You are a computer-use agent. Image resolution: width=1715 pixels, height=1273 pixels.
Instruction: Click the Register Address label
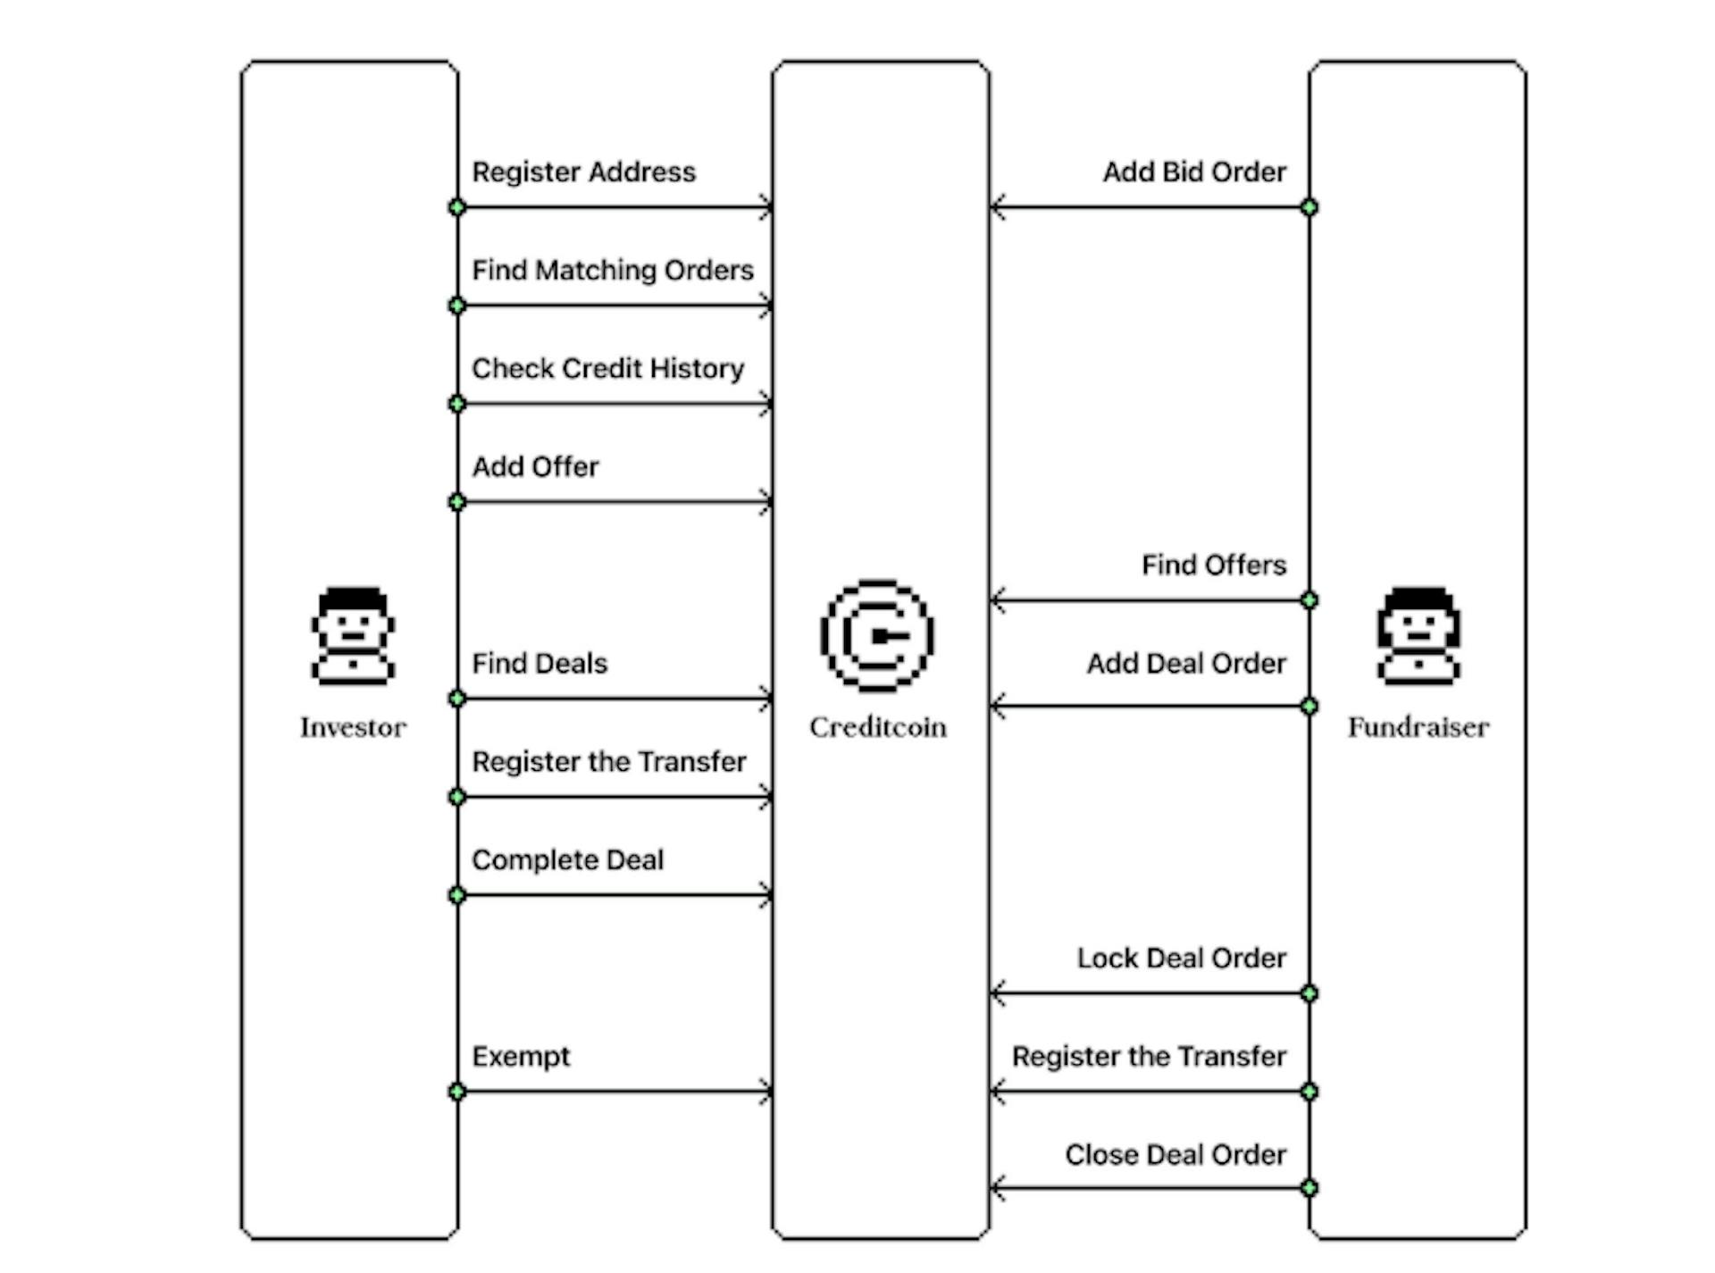[583, 172]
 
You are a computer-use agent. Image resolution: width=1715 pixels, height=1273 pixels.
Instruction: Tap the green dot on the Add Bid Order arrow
[1309, 207]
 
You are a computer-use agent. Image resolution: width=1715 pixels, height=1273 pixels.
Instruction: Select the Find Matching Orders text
[612, 270]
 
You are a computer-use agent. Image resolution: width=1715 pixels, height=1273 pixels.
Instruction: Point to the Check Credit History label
[607, 368]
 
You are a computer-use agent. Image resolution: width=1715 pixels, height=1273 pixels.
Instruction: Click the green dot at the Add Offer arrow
[456, 502]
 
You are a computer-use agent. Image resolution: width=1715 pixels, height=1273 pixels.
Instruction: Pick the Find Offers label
[1213, 565]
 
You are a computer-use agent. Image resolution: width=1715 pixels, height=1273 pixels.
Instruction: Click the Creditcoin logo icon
[877, 635]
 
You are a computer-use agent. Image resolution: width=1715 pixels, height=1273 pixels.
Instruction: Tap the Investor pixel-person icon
[353, 635]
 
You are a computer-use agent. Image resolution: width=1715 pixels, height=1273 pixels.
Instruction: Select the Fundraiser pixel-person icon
[1418, 635]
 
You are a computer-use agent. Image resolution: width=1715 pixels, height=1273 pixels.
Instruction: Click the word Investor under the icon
[353, 727]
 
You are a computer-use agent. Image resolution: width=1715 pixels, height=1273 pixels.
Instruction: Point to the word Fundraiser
[1418, 727]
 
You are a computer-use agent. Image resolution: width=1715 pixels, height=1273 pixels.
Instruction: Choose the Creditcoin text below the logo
[877, 727]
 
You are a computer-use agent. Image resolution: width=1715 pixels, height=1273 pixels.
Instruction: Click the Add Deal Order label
[1185, 663]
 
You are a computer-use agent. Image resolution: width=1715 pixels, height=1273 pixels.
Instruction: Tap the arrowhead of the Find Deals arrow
[766, 699]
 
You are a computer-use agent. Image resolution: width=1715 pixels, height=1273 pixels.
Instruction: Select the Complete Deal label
[567, 859]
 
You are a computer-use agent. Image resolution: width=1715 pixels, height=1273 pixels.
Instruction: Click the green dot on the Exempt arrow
[456, 1091]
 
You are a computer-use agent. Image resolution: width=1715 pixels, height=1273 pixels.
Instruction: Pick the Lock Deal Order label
[1181, 958]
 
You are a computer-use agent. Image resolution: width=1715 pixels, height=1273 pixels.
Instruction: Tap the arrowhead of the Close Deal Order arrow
[998, 1188]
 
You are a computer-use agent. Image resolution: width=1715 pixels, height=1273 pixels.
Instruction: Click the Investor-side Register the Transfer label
[608, 761]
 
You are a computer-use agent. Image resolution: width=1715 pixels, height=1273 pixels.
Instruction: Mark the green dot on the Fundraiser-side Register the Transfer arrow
[1309, 1091]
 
